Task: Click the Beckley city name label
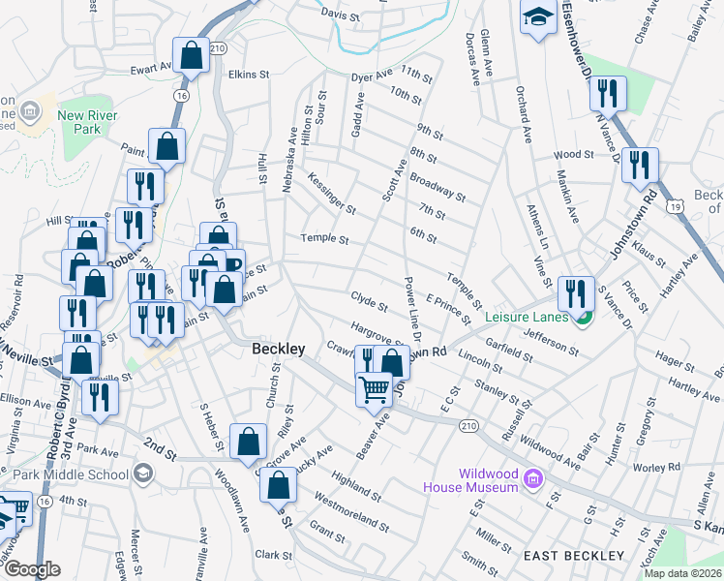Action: click(279, 349)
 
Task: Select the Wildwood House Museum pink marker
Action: click(531, 477)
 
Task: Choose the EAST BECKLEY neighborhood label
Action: click(573, 556)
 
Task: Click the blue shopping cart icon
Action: click(374, 389)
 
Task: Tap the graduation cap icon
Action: click(538, 17)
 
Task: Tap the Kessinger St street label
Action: click(332, 193)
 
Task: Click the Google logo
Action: click(32, 569)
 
